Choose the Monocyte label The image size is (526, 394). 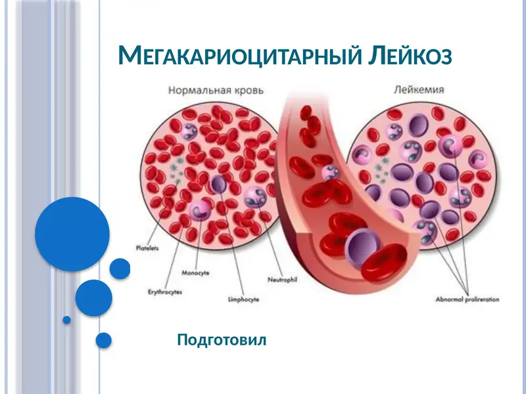coord(195,273)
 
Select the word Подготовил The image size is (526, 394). coord(222,340)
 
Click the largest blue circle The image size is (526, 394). coord(72,234)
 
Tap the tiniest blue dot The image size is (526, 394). coord(66,320)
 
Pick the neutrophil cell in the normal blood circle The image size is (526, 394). coord(255,196)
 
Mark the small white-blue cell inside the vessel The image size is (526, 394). coord(329,172)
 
